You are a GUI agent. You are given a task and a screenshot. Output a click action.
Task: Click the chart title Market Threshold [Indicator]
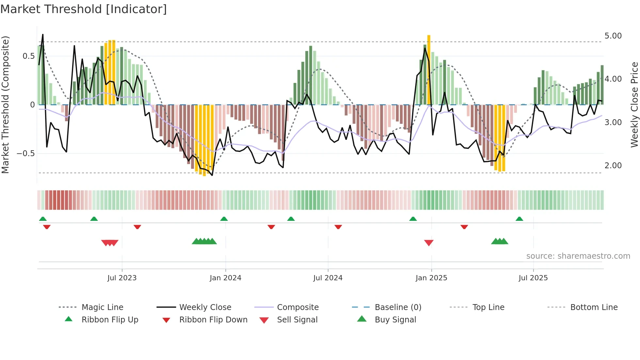[84, 9]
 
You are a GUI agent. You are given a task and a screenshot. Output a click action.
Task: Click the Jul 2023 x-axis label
[122, 278]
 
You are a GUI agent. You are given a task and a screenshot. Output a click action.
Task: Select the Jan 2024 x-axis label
[225, 278]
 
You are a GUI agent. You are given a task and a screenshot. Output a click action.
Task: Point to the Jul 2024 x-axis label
[328, 278]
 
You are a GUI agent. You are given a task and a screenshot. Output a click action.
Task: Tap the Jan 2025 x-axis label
[431, 278]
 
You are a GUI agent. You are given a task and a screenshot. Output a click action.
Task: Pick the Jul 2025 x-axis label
[533, 278]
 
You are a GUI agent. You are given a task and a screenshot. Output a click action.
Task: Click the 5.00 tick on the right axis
[613, 36]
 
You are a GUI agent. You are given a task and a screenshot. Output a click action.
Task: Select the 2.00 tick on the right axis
[613, 166]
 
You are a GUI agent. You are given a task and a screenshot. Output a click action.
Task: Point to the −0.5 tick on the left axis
[25, 154]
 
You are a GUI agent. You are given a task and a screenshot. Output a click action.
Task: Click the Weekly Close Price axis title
[634, 105]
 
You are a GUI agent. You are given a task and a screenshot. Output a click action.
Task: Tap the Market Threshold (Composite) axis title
[5, 105]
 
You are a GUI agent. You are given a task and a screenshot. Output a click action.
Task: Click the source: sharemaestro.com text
[578, 256]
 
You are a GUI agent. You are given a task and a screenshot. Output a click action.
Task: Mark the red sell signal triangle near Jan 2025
[429, 243]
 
